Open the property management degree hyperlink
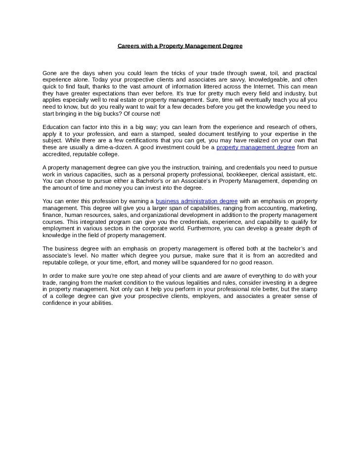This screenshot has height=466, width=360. pos(256,147)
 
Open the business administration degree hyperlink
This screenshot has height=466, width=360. pos(197,202)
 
